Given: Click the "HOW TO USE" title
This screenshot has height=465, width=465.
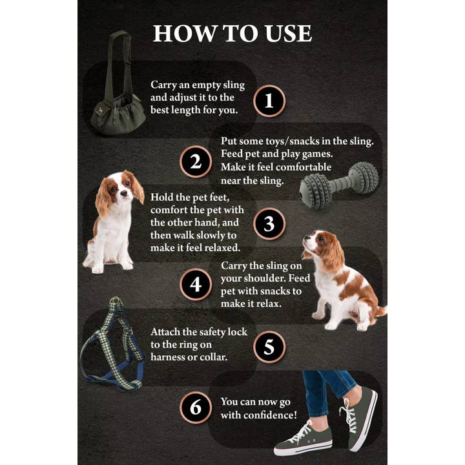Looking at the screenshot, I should [x=232, y=34].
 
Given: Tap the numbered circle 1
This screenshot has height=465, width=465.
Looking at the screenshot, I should [x=269, y=100].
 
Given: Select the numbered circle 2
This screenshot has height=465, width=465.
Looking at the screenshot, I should [x=196, y=161].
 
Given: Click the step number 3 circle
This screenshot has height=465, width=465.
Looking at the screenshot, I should [x=269, y=223].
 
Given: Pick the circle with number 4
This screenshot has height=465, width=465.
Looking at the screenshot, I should [x=196, y=285].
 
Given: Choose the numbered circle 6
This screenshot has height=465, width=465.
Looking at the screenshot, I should [x=196, y=408].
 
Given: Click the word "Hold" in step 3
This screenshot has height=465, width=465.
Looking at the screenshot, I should [x=162, y=197].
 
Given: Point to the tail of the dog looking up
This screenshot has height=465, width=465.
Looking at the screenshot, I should [x=379, y=311].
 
